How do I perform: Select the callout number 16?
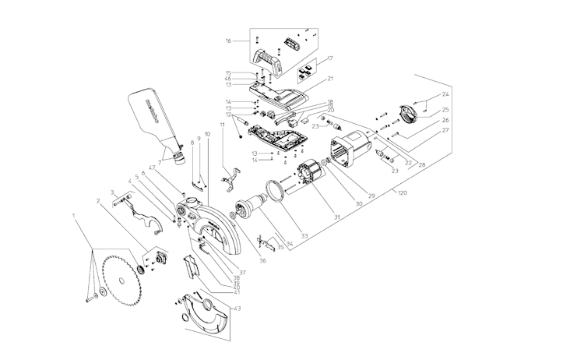coord(229,40)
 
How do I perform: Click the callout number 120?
coord(402,192)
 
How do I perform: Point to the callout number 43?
coord(237,309)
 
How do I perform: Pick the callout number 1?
coord(74,214)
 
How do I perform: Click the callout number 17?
coord(330,58)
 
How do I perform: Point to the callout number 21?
coord(330,79)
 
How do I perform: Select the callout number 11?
coord(222,124)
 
